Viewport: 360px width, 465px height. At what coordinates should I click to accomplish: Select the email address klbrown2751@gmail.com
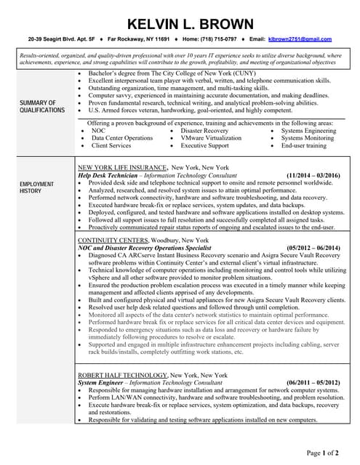(300, 39)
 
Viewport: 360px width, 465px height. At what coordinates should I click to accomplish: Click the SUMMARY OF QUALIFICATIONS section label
(42, 107)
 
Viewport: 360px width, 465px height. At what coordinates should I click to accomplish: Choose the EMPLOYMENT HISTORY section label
(36, 187)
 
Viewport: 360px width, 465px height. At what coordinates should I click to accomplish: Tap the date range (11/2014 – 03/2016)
(313, 176)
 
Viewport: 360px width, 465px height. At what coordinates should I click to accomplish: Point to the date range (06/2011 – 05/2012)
(313, 382)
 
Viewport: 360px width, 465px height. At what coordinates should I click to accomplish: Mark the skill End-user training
(303, 145)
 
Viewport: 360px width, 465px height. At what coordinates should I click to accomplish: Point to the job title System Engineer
(103, 382)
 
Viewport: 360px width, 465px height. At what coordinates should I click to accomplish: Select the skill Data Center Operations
(122, 138)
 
